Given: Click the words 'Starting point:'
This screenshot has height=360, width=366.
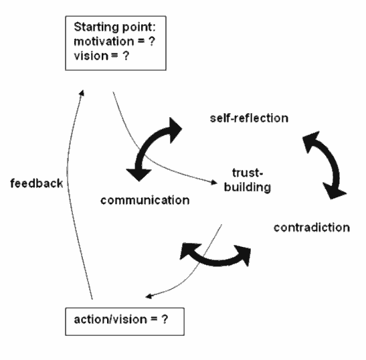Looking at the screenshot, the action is [114, 27].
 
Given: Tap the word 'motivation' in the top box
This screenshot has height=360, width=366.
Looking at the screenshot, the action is [104, 41].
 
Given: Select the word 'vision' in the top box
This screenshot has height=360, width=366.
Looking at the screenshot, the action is [91, 56].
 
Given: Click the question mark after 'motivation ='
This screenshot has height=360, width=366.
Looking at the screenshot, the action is [151, 41].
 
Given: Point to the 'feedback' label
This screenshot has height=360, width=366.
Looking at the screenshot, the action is [37, 183].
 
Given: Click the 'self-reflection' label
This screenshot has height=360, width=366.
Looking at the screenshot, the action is [249, 118].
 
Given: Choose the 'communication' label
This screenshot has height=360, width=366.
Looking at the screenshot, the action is [145, 200].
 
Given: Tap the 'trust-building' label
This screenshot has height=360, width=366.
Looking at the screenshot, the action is [248, 180].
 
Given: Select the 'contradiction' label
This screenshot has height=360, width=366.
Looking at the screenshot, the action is [312, 228].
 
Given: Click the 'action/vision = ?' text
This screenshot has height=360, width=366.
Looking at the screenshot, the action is [121, 319].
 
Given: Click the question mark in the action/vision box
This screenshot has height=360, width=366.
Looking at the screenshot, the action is [165, 319].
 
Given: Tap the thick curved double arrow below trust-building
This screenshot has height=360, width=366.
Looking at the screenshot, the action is [216, 262].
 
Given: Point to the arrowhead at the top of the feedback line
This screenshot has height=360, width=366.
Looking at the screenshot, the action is [82, 93].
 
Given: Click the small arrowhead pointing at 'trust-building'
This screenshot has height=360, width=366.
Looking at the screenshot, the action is [214, 182].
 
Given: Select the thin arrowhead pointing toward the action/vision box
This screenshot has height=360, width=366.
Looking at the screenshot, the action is [149, 296].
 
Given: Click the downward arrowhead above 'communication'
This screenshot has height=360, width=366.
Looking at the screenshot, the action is [139, 175].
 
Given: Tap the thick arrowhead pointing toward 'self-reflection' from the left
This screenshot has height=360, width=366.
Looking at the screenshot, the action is [175, 130].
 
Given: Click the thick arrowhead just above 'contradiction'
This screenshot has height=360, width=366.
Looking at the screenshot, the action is [335, 191].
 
